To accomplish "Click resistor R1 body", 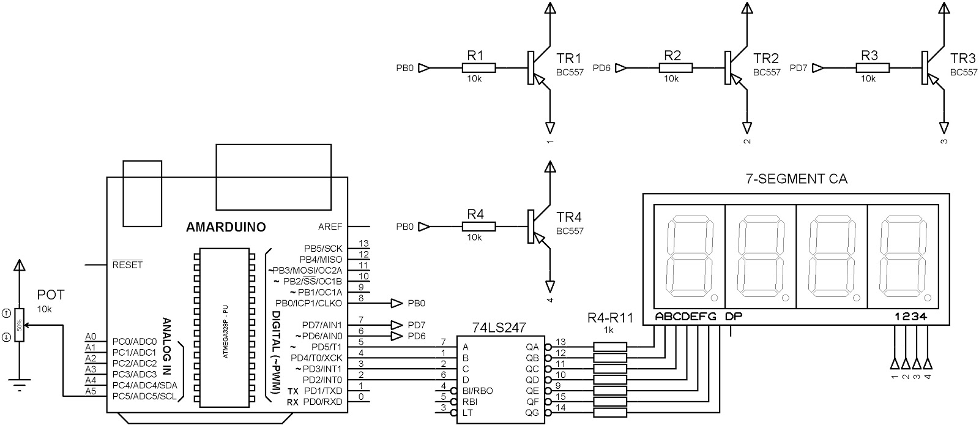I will click(x=478, y=68).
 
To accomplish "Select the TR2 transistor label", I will click(x=765, y=59).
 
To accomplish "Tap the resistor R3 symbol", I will click(x=873, y=68).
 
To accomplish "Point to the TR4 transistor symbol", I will click(x=535, y=227).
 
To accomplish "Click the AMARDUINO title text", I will click(x=226, y=227).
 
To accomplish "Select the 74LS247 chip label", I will click(x=499, y=328).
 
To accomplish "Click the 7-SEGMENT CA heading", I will click(x=795, y=179).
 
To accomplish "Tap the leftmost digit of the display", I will click(x=689, y=257).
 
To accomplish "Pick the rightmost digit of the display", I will click(x=902, y=257).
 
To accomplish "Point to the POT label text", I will click(x=50, y=295).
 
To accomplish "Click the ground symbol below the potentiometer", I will click(x=20, y=386).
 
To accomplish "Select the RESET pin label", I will click(x=127, y=265).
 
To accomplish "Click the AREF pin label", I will click(x=330, y=227).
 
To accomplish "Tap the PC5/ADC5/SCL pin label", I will click(x=144, y=396).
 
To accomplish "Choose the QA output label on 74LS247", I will click(x=532, y=347).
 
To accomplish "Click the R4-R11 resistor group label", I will click(x=610, y=317).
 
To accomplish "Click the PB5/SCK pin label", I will click(x=323, y=249).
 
